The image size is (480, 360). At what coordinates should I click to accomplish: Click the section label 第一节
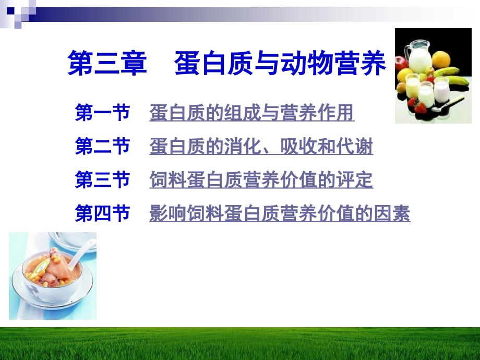click(103, 113)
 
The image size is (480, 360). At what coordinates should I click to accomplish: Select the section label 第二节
click(103, 146)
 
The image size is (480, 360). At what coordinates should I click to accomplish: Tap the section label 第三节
click(103, 179)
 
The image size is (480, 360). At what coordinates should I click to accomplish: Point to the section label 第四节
click(103, 213)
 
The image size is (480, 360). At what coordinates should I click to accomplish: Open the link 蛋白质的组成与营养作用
click(252, 113)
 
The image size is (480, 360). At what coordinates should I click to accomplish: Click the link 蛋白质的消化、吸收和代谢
click(261, 146)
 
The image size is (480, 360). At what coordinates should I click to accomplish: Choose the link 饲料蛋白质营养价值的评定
click(261, 179)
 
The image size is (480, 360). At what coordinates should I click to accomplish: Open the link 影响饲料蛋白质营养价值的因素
click(280, 213)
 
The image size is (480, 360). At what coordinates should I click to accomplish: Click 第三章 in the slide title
click(107, 63)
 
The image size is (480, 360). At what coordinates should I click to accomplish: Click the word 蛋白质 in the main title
click(214, 63)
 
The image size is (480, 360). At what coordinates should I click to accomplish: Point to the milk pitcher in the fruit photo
click(418, 57)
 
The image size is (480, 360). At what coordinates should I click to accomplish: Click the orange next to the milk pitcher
click(441, 59)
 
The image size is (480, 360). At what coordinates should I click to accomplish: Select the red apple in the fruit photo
click(401, 63)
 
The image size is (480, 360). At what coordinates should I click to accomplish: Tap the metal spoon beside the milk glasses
click(448, 104)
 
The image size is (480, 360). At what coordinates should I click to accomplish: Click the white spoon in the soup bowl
click(81, 254)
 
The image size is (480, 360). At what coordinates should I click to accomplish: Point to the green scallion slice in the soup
click(39, 269)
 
